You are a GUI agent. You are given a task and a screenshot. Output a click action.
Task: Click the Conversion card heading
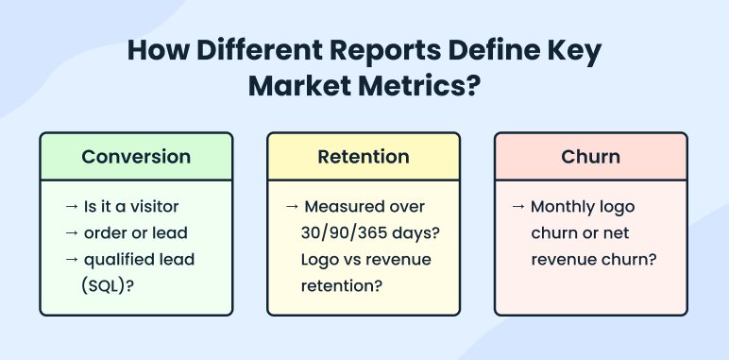(136, 157)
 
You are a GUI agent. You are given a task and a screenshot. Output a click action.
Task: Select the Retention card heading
(364, 157)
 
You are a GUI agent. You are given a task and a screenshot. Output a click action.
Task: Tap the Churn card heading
(591, 157)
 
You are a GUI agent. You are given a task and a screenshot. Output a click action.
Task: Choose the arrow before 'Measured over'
(293, 206)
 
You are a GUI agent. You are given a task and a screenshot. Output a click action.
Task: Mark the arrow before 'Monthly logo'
(519, 206)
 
